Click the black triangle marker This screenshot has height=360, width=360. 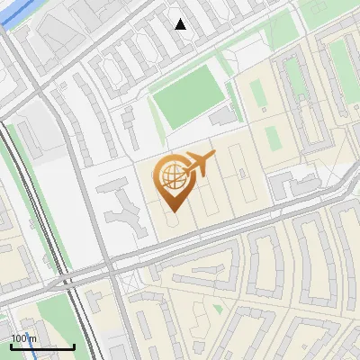[180, 24]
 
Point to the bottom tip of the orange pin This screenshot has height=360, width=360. [170, 211]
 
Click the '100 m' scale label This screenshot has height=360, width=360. [24, 337]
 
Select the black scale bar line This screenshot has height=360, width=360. [42, 346]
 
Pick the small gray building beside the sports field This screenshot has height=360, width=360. [221, 117]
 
